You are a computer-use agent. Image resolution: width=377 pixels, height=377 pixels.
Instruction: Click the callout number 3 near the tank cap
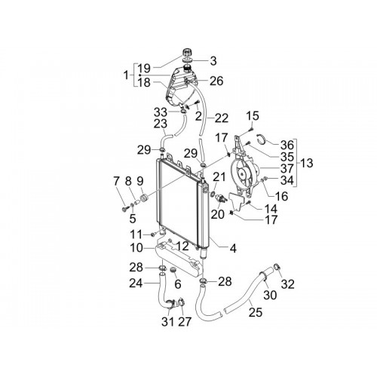[213, 61]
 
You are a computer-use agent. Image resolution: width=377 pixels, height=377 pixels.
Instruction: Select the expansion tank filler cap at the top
[187, 53]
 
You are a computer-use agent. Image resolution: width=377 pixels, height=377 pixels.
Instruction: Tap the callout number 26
[216, 81]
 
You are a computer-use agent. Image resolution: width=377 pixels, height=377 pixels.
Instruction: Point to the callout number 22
[221, 118]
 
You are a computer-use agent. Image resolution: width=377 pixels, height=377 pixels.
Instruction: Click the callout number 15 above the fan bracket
[253, 116]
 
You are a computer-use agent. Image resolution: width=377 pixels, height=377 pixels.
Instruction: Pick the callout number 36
[287, 145]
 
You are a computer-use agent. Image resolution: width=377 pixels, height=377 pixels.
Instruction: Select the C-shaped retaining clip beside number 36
[262, 139]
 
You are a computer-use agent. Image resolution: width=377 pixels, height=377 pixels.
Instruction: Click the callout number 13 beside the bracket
[307, 163]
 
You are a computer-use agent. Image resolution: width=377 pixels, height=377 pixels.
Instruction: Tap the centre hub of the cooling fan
[243, 173]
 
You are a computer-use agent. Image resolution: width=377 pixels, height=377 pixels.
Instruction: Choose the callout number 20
[217, 214]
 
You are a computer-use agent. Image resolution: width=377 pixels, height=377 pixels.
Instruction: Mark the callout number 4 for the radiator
[233, 248]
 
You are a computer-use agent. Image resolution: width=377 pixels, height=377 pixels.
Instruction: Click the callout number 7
[116, 181]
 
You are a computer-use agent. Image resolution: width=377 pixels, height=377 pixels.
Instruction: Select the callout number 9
[140, 181]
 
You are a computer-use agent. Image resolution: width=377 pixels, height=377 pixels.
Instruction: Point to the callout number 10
[136, 248]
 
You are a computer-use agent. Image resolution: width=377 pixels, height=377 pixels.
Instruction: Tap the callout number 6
[178, 284]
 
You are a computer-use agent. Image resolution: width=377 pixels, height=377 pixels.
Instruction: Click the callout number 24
[136, 284]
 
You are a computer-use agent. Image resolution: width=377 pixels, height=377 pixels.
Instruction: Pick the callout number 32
[287, 284]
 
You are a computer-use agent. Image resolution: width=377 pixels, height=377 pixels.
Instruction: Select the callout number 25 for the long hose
[256, 312]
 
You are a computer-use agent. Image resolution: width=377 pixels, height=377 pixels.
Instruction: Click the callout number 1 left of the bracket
[126, 75]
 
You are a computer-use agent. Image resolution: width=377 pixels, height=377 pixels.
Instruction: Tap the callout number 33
[161, 112]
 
